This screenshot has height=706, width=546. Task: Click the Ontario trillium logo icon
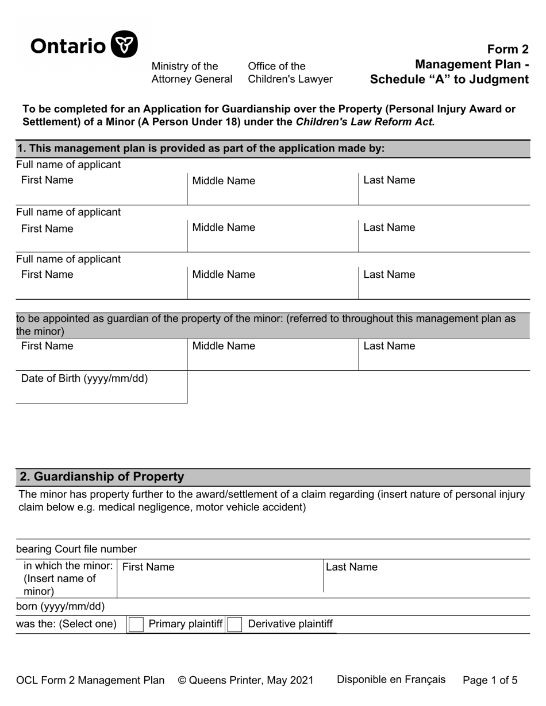(x=124, y=44)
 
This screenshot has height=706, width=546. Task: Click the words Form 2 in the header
(x=507, y=49)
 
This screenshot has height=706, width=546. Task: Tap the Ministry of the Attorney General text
(x=191, y=73)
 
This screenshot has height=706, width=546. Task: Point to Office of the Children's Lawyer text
(x=290, y=73)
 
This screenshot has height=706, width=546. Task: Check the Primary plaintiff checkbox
(x=136, y=624)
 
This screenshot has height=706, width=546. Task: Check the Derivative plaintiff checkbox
(x=234, y=624)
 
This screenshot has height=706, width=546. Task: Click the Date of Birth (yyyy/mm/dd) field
(x=101, y=387)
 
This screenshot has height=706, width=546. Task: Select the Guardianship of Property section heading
(x=102, y=476)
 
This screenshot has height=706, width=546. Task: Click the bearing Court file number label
(x=76, y=549)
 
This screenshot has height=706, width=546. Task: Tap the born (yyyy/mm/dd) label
(x=60, y=607)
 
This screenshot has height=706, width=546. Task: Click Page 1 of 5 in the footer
(x=490, y=680)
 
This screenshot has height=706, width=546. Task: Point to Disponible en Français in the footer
(x=391, y=680)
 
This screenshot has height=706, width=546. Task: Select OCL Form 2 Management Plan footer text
(x=90, y=680)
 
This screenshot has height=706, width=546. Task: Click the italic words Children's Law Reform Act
(x=365, y=122)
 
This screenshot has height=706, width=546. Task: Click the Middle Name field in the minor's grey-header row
(x=272, y=355)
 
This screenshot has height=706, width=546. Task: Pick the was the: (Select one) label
(x=66, y=624)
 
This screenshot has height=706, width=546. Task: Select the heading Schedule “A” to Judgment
(x=449, y=79)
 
